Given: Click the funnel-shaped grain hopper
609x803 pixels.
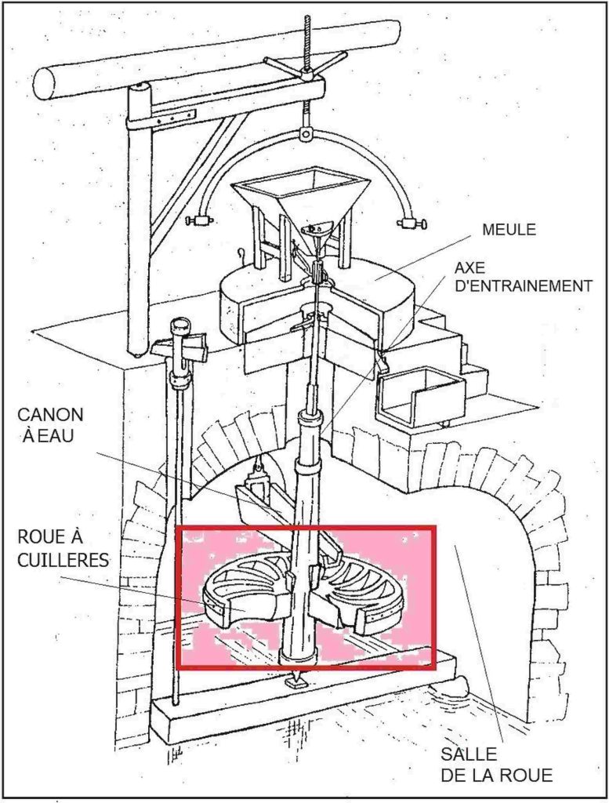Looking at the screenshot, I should [x=301, y=195].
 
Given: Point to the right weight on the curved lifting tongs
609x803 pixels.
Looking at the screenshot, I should [x=411, y=223].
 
